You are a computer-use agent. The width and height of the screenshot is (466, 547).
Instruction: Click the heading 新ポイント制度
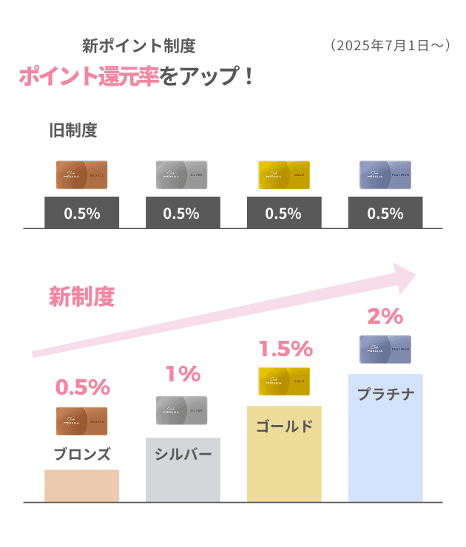point(139,46)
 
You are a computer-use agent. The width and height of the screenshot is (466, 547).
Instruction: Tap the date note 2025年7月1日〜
point(388,46)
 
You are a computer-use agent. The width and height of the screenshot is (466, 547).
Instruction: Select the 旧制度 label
point(73,131)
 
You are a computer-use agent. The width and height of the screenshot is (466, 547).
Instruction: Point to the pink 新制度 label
point(82,297)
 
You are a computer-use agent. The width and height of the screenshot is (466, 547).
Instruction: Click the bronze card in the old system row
point(82,175)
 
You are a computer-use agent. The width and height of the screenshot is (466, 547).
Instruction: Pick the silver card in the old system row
point(183,175)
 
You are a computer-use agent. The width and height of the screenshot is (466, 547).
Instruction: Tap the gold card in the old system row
point(284,175)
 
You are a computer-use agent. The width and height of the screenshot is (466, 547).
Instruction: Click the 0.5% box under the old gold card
point(284,213)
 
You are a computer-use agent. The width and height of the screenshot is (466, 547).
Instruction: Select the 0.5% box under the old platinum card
point(385,213)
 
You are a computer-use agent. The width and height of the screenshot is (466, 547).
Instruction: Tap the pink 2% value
point(385,316)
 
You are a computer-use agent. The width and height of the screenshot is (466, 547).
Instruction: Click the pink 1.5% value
point(285,349)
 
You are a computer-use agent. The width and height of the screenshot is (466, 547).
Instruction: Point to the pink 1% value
point(183,374)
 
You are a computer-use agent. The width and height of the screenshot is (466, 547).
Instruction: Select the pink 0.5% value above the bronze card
point(82,387)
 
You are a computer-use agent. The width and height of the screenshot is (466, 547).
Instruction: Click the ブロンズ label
point(82,453)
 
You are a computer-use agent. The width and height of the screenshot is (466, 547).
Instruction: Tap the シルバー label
point(183,453)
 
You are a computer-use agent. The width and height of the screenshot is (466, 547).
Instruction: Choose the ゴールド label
point(284,427)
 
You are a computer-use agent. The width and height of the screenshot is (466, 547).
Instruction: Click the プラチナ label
point(385,394)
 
